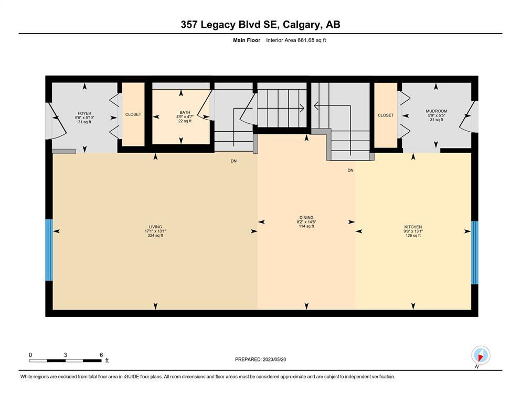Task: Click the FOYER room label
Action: [84, 113]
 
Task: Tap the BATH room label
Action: [185, 112]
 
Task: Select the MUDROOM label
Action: [437, 111]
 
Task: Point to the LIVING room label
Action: [155, 227]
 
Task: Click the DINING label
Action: [306, 218]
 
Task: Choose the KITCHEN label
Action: [413, 227]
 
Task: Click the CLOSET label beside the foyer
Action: [133, 114]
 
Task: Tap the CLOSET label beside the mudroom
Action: [386, 115]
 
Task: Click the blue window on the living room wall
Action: [49, 250]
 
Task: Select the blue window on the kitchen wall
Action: [475, 252]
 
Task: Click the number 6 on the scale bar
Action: [101, 355]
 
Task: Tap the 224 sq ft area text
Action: [155, 236]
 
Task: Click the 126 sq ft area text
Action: [413, 236]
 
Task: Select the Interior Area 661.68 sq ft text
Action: [296, 40]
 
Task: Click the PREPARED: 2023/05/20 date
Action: [260, 359]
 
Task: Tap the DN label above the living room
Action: [233, 161]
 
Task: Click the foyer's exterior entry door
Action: [57, 121]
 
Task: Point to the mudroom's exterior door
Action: [468, 116]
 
